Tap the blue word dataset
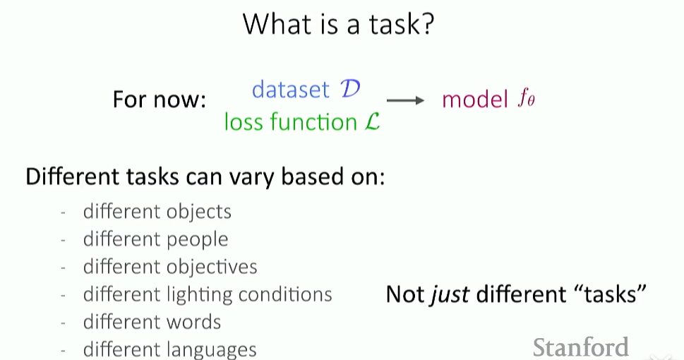click(291, 90)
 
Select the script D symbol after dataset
click(350, 89)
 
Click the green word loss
click(244, 121)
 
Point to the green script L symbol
click(372, 121)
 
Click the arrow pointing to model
click(405, 101)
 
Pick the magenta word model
click(475, 100)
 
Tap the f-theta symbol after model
click(526, 99)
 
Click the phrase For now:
click(160, 100)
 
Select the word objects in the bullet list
click(199, 212)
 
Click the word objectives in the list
click(212, 267)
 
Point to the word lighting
click(200, 295)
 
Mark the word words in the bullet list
click(193, 322)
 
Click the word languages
click(212, 350)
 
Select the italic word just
click(450, 295)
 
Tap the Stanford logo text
click(581, 347)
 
